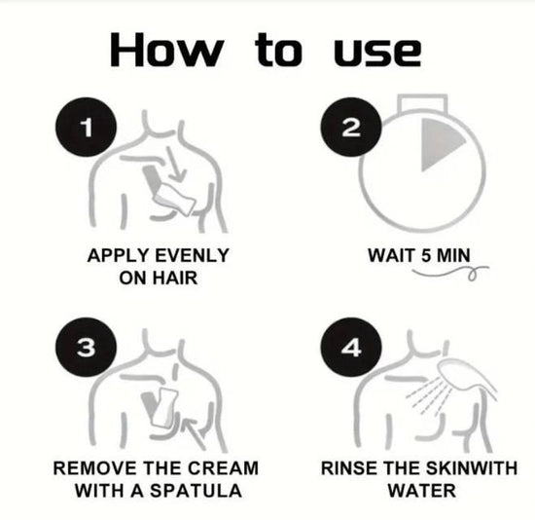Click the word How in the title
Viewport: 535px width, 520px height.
coord(167,50)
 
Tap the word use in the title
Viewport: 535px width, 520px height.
coord(377,53)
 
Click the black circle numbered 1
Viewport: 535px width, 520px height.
coord(86,128)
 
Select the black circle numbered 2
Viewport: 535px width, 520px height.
coord(351,128)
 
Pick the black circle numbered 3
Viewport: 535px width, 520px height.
coord(86,347)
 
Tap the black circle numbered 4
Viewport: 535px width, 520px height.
coord(351,347)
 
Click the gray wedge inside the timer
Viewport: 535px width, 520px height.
coord(439,143)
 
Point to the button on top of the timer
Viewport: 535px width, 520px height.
coord(422,102)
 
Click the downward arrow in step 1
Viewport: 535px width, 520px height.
coord(176,164)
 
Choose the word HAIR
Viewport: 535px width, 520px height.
coord(175,278)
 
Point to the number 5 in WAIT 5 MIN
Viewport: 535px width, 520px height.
coord(426,255)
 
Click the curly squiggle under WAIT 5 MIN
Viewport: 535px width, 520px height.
coord(450,272)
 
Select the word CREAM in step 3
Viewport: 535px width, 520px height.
coord(223,468)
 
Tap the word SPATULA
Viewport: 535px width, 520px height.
coord(196,491)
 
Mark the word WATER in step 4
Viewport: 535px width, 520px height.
coord(422,491)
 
